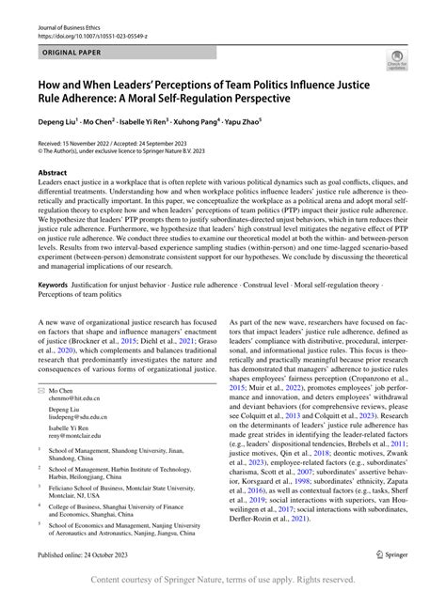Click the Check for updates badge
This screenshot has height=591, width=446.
pos(396,63)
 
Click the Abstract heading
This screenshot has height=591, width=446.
pos(52,174)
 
